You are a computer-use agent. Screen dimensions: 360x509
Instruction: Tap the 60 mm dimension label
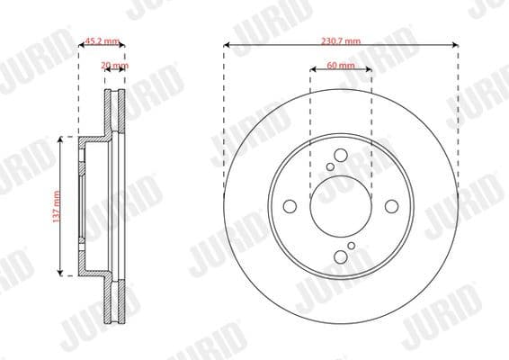click(x=340, y=66)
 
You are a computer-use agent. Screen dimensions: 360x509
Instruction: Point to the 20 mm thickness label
click(x=114, y=66)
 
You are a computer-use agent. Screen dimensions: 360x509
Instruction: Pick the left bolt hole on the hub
click(x=289, y=206)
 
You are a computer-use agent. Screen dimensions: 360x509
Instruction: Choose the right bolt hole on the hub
click(x=393, y=206)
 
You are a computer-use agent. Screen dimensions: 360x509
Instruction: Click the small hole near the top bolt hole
click(x=330, y=166)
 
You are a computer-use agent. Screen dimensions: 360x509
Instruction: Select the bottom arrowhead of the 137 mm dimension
click(x=59, y=273)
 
